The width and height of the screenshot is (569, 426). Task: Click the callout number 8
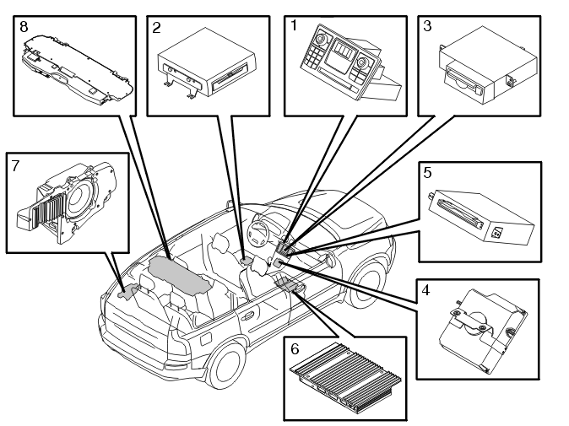(24, 27)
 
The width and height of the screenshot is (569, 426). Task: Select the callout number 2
(156, 28)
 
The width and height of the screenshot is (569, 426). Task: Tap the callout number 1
(294, 26)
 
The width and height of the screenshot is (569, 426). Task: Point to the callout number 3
(427, 26)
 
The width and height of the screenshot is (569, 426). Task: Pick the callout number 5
(427, 173)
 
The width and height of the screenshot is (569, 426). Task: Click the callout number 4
(425, 290)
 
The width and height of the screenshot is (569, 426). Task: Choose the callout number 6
(295, 348)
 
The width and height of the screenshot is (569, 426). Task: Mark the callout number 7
(15, 166)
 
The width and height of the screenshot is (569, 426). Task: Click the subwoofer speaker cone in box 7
(80, 196)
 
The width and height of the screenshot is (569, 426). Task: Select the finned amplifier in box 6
(345, 377)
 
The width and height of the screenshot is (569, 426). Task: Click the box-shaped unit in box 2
(207, 62)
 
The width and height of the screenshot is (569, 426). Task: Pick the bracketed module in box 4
(483, 331)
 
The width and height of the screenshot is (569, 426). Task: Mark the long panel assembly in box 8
(78, 70)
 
